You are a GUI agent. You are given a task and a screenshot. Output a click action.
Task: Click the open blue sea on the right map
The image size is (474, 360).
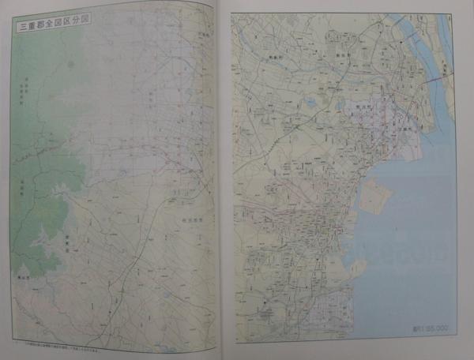click(x=419, y=237)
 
